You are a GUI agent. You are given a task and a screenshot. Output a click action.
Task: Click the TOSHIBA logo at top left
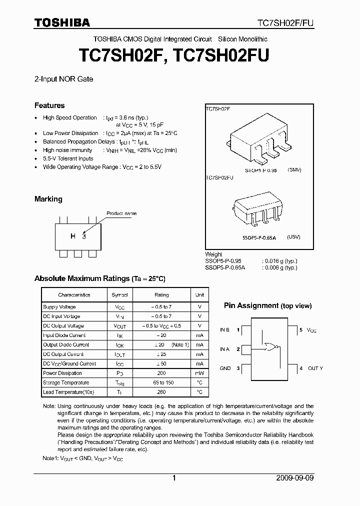[62, 22]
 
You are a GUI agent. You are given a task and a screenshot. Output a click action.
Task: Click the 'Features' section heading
[49, 105]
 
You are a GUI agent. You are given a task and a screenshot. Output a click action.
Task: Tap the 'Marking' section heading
[48, 199]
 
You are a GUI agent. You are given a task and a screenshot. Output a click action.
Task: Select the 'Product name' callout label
[121, 213]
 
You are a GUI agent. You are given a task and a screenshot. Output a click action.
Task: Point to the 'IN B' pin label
[225, 330]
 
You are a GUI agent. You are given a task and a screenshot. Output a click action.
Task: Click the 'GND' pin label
[225, 368]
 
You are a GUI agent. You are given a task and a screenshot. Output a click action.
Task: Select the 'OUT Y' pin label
[315, 368]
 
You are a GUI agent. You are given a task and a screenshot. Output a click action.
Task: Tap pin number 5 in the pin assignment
[301, 330]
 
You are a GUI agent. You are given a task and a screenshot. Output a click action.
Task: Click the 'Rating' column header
[161, 295]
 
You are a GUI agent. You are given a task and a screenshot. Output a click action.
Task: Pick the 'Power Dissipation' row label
[62, 373]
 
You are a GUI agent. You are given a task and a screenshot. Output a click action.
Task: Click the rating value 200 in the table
[161, 373]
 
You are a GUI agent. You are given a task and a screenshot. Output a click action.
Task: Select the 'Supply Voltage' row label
[59, 307]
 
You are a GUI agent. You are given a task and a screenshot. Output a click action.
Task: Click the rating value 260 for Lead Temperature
[161, 392]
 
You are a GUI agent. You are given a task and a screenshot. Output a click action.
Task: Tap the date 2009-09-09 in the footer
[295, 478]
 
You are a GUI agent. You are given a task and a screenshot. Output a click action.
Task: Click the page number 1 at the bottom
[174, 478]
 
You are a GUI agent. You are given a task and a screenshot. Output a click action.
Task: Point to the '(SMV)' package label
[294, 170]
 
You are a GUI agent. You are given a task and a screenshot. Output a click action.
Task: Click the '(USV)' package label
[293, 237]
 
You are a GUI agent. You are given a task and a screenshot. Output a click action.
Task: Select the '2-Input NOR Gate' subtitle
[63, 79]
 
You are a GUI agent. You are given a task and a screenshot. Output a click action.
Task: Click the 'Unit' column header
[199, 295]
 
